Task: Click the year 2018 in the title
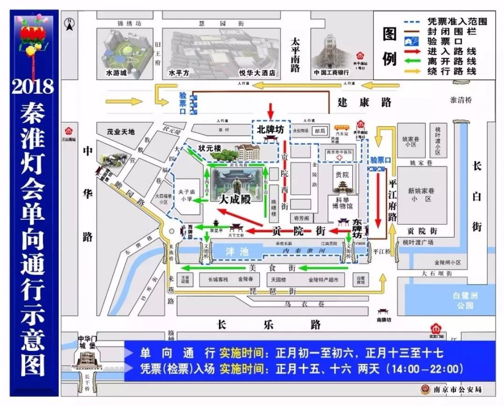point(33,85)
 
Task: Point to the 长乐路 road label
point(268,325)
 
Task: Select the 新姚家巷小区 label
point(422,195)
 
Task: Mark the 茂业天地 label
point(120,132)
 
